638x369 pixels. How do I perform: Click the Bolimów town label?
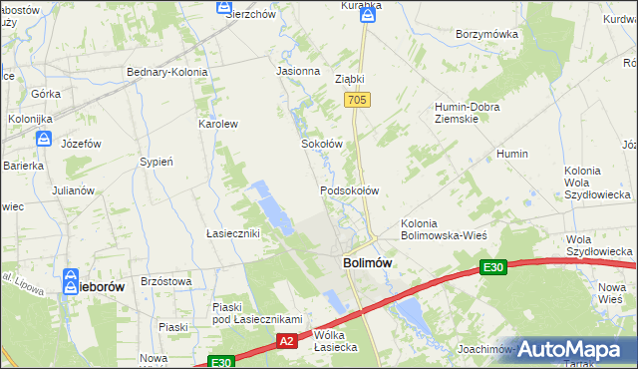(x=366, y=262)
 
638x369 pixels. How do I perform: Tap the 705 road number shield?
(x=358, y=101)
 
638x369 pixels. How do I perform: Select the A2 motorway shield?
(x=286, y=341)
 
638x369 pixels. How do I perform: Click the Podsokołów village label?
(x=349, y=189)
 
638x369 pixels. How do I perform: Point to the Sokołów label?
(x=322, y=144)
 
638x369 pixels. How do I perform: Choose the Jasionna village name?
(x=298, y=72)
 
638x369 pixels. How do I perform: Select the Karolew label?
(x=217, y=125)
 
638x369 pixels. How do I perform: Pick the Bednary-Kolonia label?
(x=166, y=72)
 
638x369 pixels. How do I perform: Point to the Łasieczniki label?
(x=232, y=233)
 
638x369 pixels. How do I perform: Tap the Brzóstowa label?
(x=166, y=282)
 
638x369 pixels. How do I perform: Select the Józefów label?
(x=82, y=144)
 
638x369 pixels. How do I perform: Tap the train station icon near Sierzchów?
(x=224, y=8)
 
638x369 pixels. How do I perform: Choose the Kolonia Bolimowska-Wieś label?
(x=443, y=229)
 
